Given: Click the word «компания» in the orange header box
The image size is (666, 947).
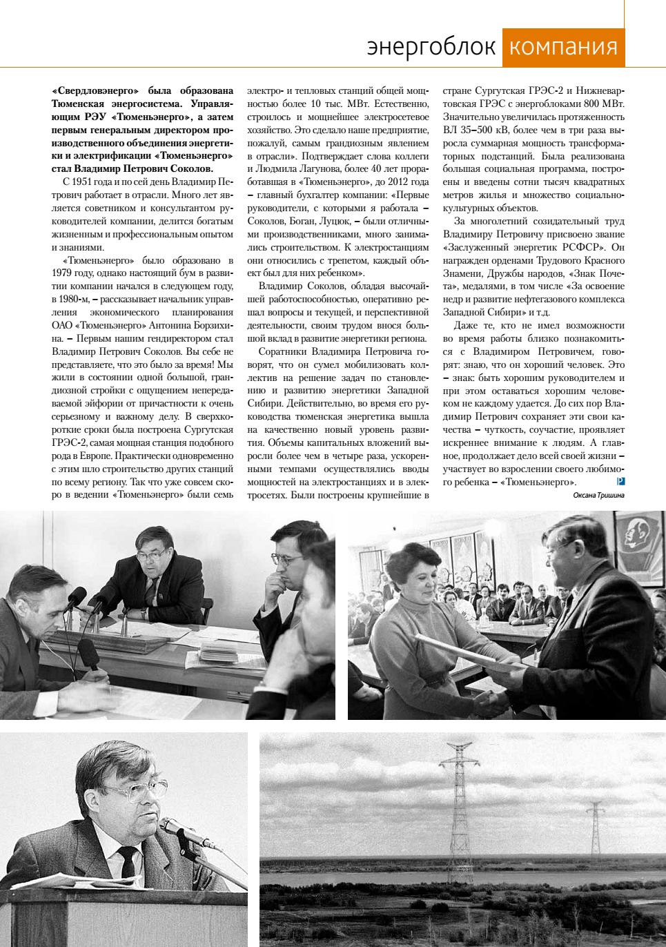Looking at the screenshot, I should [563, 47].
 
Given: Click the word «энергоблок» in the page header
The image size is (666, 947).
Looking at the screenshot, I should [431, 47].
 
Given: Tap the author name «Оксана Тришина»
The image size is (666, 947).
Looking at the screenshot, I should [598, 495].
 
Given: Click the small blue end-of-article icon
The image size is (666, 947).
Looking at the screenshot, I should [621, 481].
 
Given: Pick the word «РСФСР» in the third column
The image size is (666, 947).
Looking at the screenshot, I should [585, 247].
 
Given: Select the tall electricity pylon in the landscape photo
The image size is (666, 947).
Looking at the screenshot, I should [458, 801].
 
